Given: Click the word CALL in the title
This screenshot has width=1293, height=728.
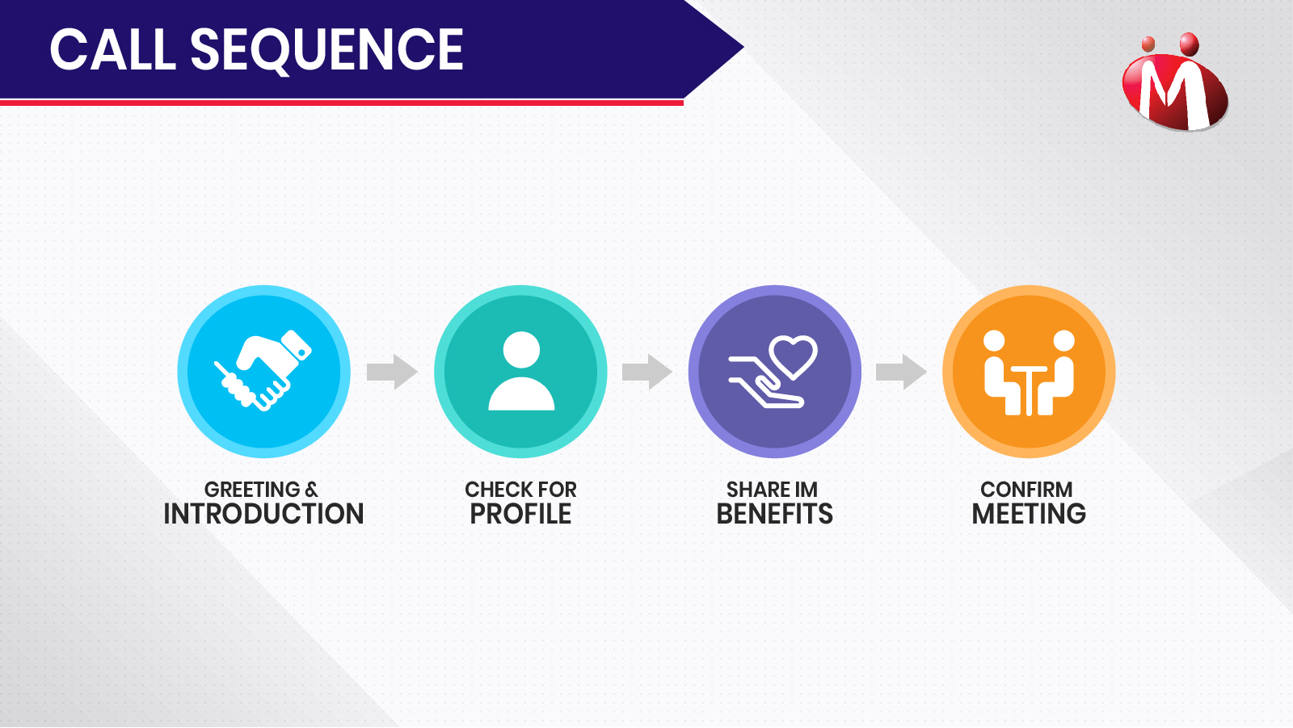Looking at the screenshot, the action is tap(112, 49).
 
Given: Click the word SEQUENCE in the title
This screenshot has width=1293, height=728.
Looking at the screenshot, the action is tap(326, 51).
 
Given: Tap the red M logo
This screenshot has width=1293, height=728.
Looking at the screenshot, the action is tap(1175, 82).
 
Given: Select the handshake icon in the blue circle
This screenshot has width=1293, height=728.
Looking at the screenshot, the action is tap(263, 370).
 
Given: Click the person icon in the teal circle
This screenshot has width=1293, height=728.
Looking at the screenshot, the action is tap(521, 371).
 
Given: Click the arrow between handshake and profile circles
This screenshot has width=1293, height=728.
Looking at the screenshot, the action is tap(392, 372).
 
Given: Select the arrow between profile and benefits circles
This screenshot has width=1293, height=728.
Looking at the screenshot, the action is tap(647, 372).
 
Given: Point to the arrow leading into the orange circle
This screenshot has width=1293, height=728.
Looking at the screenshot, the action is tap(901, 372).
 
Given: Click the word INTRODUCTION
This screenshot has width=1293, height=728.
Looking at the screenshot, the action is tap(263, 514).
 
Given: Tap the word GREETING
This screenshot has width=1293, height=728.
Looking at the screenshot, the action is tap(252, 490).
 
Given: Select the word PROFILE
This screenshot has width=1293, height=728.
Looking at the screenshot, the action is tap(520, 514).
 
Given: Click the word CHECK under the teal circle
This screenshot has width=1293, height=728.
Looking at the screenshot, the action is tap(494, 490).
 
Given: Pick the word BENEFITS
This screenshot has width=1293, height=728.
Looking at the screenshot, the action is tap(775, 514).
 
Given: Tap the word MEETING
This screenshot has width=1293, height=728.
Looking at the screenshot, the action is tap(1029, 514).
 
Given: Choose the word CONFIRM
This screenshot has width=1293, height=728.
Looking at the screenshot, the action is tap(1026, 490).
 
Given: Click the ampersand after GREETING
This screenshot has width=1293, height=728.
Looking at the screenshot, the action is tap(311, 490).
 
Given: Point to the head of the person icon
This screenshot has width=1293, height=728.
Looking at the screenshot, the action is tap(521, 350).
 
